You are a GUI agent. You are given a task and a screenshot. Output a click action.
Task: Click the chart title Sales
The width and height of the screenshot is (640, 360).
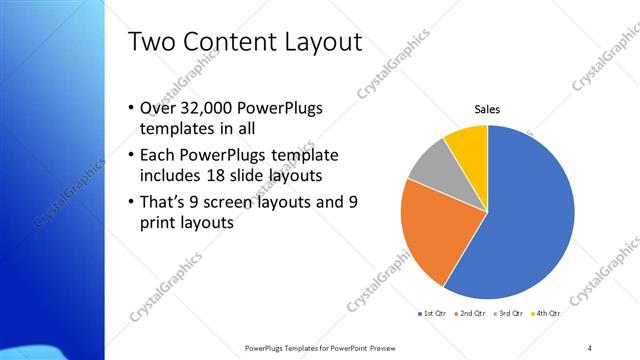486,109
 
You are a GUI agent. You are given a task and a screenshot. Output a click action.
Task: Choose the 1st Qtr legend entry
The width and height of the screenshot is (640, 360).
433,313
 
